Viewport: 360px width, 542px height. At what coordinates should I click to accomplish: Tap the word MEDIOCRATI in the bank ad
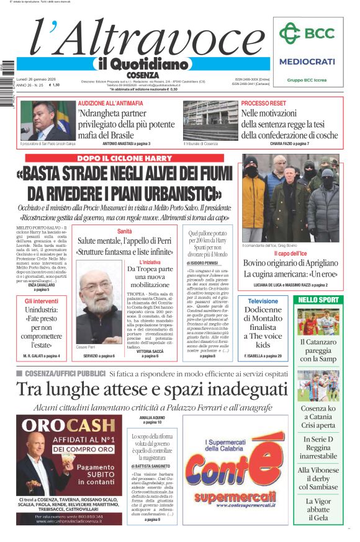(x=307, y=61)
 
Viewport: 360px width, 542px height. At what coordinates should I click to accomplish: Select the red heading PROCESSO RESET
(x=263, y=103)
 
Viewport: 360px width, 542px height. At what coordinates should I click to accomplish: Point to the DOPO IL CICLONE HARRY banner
(x=124, y=159)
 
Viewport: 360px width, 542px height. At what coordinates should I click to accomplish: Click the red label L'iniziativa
(x=150, y=262)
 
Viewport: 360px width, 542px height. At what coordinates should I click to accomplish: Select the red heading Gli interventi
(x=42, y=300)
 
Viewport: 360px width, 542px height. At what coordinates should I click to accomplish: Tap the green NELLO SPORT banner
(x=318, y=300)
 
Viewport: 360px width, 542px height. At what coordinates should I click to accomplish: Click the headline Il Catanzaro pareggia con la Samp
(x=318, y=350)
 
